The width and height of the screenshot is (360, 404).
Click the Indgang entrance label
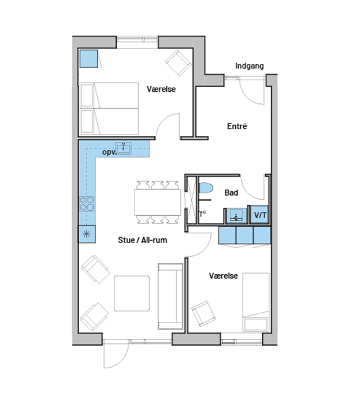[x=250, y=66]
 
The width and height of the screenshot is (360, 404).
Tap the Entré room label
[x=237, y=126]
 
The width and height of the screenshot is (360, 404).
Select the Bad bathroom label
[x=231, y=192]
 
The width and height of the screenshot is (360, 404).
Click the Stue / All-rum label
[x=143, y=240]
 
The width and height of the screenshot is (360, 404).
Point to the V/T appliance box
[x=259, y=215]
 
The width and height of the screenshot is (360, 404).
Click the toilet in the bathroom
[x=206, y=188]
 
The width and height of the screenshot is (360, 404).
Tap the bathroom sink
[x=236, y=215]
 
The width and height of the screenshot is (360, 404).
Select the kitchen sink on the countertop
[x=124, y=148]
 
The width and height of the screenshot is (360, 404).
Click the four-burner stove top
[x=87, y=204]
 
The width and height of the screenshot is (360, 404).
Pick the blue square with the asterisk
[x=87, y=234]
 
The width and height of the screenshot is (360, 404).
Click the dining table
[x=158, y=203]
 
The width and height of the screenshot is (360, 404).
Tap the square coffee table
[x=132, y=293]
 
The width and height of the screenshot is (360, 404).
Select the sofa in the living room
[x=170, y=296]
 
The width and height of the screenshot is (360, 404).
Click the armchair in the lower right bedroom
[x=203, y=313]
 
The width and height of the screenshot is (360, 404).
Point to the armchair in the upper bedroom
[x=178, y=63]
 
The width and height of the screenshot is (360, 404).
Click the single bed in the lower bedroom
[x=256, y=302]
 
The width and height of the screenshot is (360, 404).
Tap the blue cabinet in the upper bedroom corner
[x=89, y=59]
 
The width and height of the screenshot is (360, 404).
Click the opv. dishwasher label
[x=110, y=152]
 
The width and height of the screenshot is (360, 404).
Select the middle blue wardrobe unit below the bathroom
[x=245, y=235]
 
